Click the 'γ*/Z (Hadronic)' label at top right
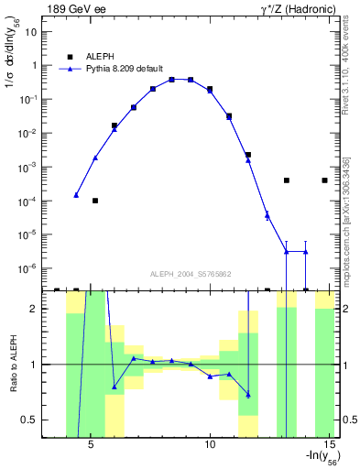coord(299,8)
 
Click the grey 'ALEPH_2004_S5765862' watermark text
coord(191,274)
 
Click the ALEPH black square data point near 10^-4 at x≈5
coord(95,200)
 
